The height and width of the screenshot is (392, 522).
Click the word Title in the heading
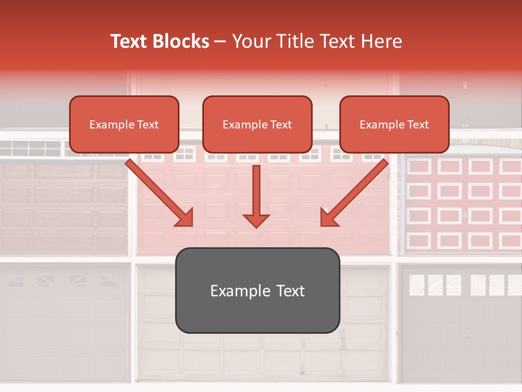(x=291, y=41)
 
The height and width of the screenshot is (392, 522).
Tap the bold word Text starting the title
(x=129, y=41)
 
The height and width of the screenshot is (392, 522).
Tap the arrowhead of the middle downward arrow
(x=256, y=220)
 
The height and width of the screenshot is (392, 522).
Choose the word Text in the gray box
(x=291, y=291)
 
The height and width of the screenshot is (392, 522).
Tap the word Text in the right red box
(x=418, y=125)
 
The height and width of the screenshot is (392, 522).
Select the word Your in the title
(x=251, y=41)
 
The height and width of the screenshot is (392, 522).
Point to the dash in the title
(x=220, y=42)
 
